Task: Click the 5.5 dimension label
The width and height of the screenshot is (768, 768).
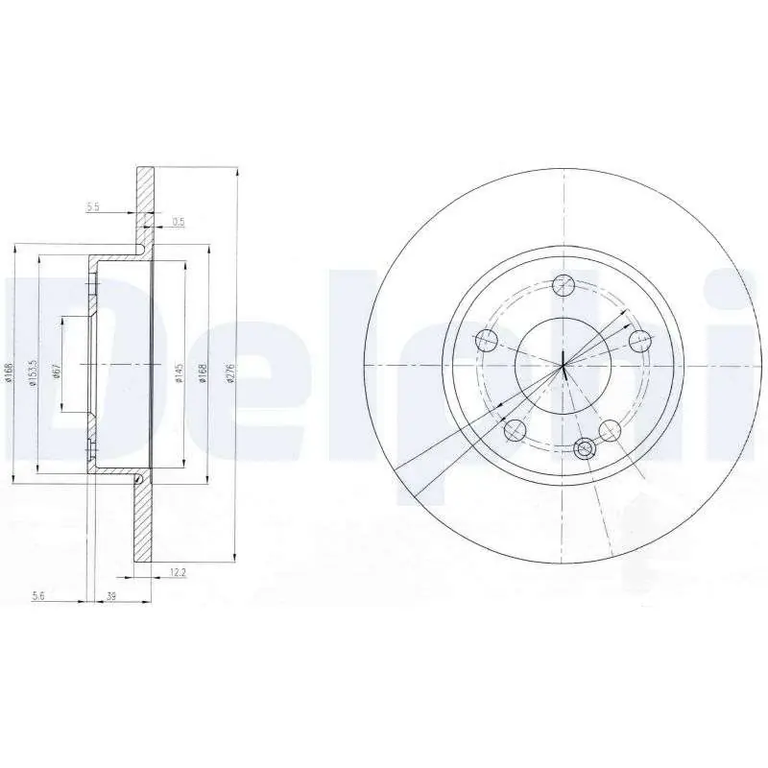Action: pyautogui.click(x=93, y=206)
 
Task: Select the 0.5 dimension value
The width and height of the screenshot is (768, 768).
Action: pyautogui.click(x=178, y=222)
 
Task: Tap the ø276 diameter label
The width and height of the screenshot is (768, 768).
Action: pyautogui.click(x=230, y=373)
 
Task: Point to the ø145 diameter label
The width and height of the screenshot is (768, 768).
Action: pyautogui.click(x=178, y=373)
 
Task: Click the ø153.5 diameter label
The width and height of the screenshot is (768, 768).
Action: pyautogui.click(x=32, y=373)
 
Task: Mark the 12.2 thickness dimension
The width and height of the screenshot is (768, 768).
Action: pyautogui.click(x=177, y=572)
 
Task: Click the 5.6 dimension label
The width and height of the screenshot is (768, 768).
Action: pyautogui.click(x=39, y=596)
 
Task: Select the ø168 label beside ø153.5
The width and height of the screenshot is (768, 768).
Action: pyautogui.click(x=9, y=373)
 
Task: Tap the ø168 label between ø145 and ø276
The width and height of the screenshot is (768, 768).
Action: pyautogui.click(x=202, y=373)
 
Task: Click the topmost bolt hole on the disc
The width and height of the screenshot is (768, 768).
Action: pyautogui.click(x=564, y=285)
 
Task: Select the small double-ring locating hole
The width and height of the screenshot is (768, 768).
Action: pyautogui.click(x=583, y=446)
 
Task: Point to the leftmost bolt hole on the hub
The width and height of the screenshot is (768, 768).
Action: pyautogui.click(x=488, y=338)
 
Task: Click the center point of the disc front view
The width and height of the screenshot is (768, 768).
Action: pyautogui.click(x=564, y=365)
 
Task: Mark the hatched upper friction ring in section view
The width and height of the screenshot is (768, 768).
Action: pyautogui.click(x=145, y=202)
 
